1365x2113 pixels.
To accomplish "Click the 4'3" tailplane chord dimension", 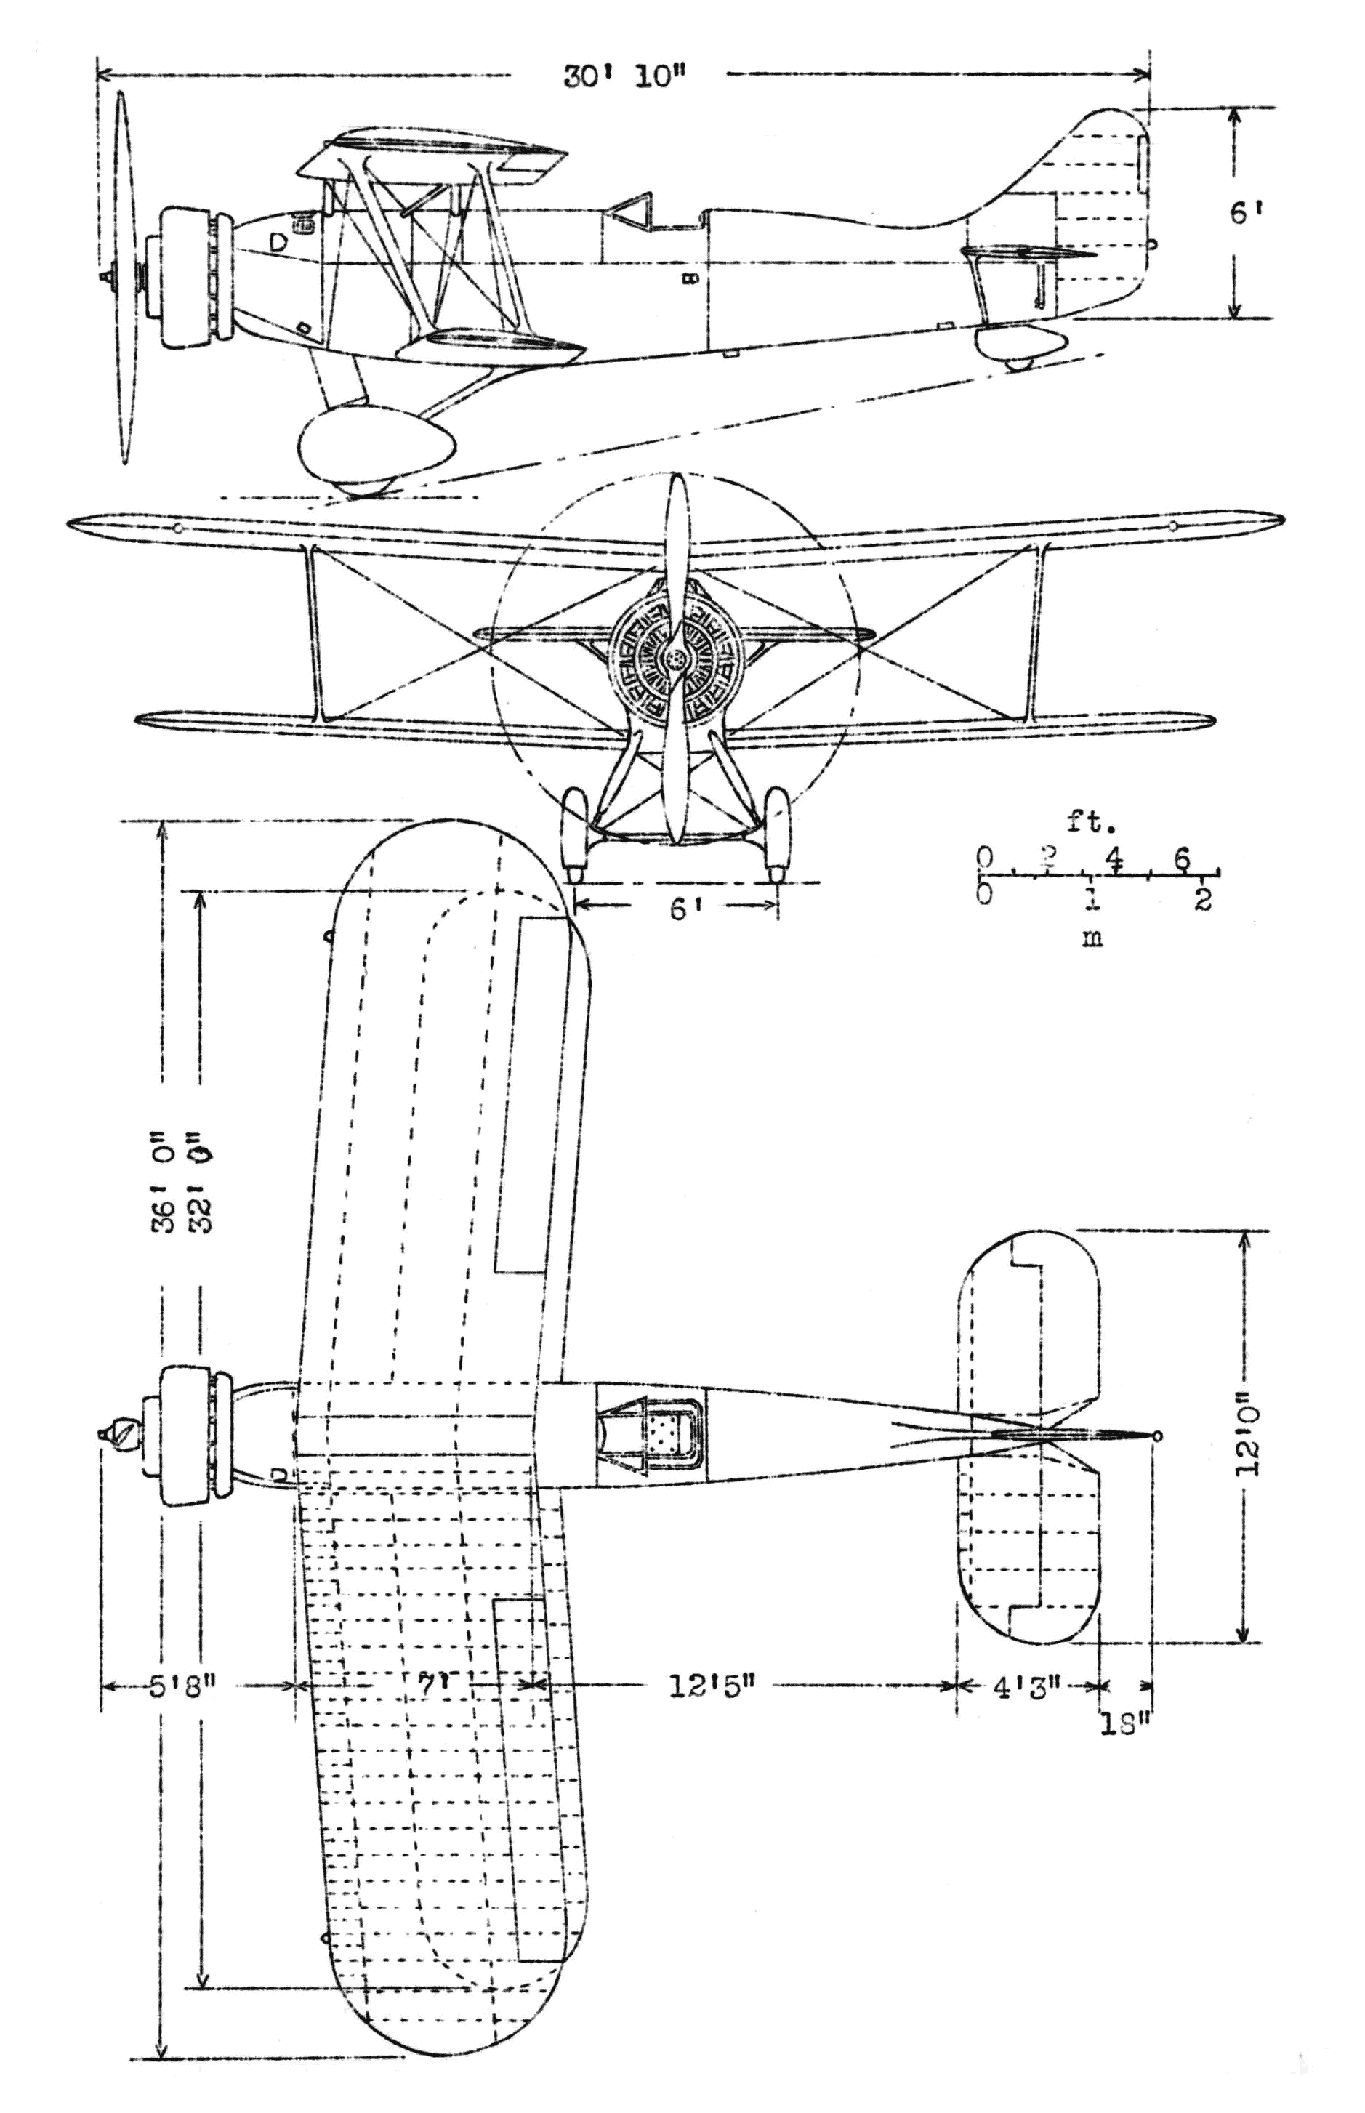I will pos(1026,1686).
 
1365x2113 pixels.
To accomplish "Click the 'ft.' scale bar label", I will pos(1090,824).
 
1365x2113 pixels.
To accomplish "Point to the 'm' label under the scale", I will pos(1092,937).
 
